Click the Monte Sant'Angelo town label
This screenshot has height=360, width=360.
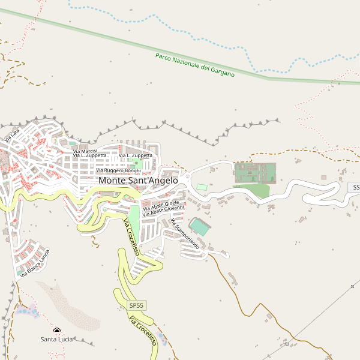click(138, 180)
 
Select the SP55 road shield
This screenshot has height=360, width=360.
click(137, 305)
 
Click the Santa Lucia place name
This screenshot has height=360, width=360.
click(56, 340)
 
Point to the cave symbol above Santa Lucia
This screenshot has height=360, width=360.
click(57, 331)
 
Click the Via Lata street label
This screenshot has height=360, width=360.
click(11, 135)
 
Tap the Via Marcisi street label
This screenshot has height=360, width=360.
click(85, 151)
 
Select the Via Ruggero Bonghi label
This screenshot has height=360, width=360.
click(118, 170)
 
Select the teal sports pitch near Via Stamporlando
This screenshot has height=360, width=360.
click(200, 227)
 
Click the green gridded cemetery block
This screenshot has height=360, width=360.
click(254, 173)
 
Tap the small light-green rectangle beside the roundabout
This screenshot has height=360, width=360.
click(202, 187)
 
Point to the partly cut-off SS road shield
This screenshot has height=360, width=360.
click(354, 188)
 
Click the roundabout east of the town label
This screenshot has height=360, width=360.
click(188, 178)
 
